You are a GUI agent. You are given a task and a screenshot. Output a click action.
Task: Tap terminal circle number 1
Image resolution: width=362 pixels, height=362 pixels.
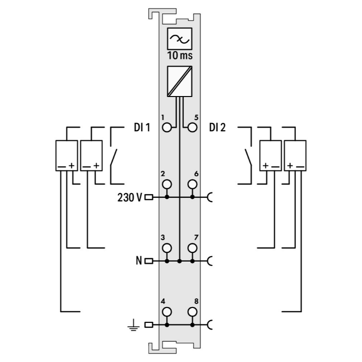pos(167,128)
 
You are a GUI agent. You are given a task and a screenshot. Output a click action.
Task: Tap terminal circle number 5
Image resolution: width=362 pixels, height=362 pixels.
pos(192,128)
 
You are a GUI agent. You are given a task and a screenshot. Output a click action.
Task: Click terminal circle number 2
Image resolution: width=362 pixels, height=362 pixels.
pos(167,184)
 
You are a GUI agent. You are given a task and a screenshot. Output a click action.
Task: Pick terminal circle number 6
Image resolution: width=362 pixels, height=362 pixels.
pos(192,184)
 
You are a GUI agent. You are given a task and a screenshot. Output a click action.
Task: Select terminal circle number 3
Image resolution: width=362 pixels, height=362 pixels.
pos(167,248)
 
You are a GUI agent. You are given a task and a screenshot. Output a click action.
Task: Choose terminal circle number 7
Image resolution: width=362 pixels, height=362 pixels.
pos(192,248)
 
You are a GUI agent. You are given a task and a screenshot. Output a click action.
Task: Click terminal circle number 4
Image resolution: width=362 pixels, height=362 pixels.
pos(167,311)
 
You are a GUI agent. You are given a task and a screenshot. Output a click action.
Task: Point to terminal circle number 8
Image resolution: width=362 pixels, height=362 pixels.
pos(192,311)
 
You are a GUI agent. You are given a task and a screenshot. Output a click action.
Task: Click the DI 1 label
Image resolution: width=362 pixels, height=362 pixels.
pos(142,128)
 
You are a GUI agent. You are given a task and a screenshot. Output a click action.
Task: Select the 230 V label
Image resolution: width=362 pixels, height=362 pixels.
pos(129,197)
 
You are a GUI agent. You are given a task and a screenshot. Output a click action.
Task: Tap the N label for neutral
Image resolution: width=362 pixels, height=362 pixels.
pos(139,261)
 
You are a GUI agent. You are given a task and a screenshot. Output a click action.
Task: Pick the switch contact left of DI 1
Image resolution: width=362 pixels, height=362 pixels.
pos(113,157)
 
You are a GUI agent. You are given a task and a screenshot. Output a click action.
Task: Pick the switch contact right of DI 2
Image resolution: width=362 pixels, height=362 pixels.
pos(247,157)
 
